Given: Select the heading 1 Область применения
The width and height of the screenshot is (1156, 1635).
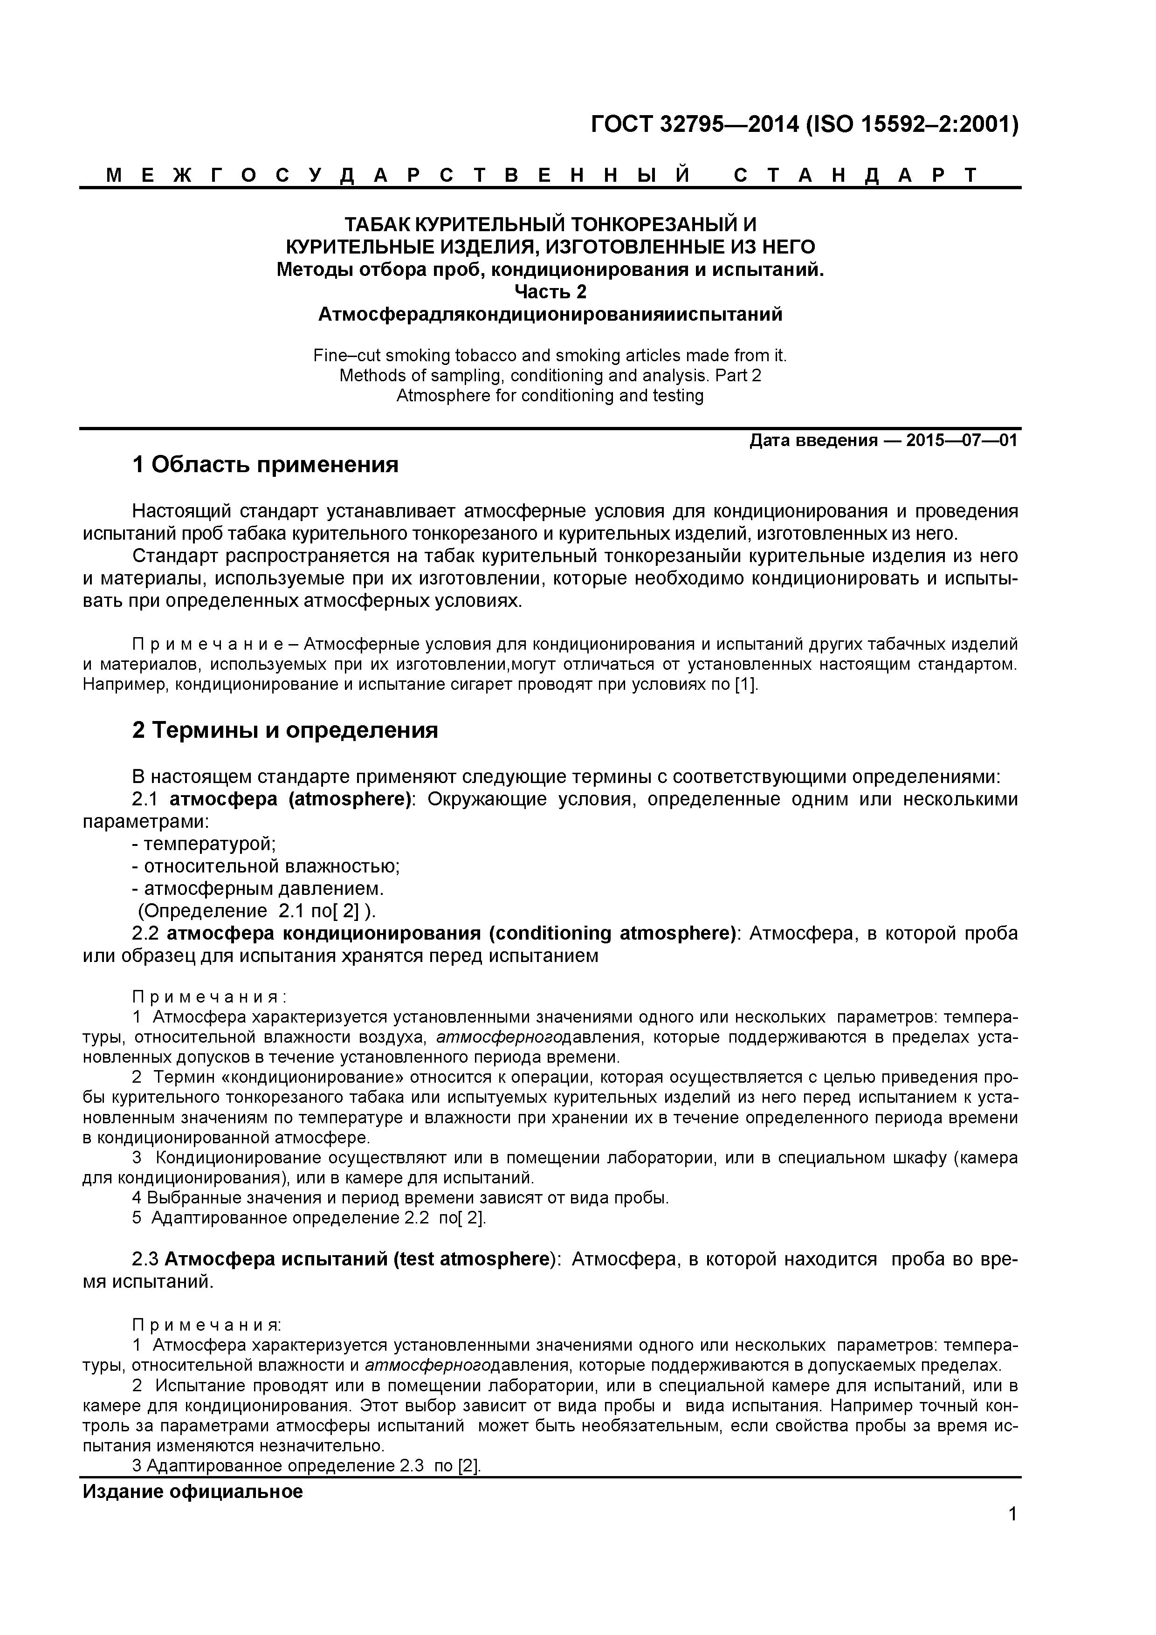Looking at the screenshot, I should [265, 465].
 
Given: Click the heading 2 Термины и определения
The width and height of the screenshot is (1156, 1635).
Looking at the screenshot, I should [285, 731].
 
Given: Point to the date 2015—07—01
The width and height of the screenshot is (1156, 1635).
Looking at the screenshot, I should [962, 441].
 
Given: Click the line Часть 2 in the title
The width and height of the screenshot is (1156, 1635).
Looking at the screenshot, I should [550, 292].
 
